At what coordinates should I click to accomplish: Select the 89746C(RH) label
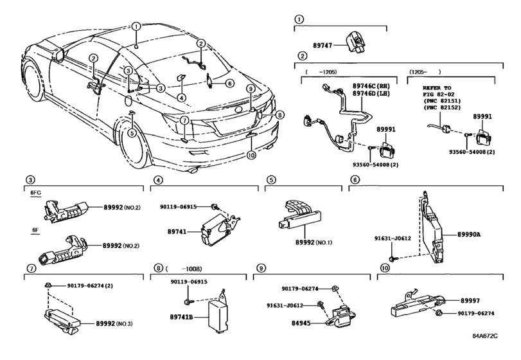(x=371, y=85)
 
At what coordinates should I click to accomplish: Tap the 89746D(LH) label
(x=371, y=94)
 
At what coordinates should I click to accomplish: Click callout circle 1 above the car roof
(x=137, y=27)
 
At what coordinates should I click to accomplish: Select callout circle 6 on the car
(x=229, y=82)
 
